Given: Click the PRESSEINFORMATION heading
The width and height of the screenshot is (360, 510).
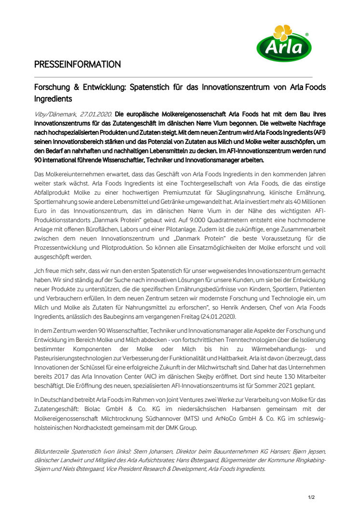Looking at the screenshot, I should [x=77, y=64].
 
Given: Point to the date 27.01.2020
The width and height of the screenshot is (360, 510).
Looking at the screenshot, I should [x=96, y=114].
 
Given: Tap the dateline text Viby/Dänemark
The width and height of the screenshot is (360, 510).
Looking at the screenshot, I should [x=55, y=114].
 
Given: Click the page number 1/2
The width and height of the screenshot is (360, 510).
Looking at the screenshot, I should [x=311, y=496].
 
